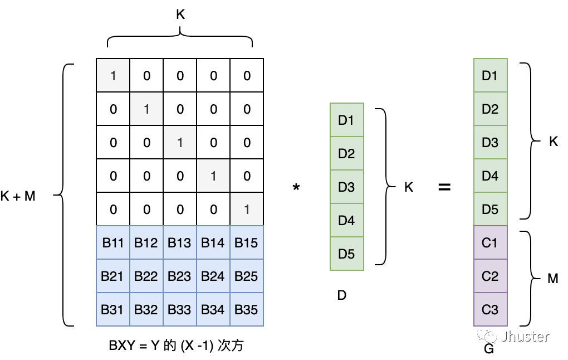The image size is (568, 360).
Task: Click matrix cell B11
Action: [x=113, y=242]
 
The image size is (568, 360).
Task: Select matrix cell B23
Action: [x=179, y=276]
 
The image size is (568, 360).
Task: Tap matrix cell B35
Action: [x=246, y=309]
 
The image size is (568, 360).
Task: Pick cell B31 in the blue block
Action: [x=113, y=309]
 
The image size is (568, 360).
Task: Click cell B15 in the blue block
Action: [x=246, y=242]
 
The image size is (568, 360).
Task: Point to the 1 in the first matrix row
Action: [x=113, y=75]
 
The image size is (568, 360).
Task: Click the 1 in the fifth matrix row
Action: [x=246, y=209]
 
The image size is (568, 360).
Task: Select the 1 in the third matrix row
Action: [x=179, y=142]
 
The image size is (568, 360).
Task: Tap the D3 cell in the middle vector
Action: [x=346, y=187]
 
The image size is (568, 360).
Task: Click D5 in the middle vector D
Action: [x=346, y=254]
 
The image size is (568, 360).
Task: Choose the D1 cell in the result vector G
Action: [x=490, y=75]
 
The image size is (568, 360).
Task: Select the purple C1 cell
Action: [x=490, y=242]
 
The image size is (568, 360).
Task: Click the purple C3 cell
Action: [x=490, y=309]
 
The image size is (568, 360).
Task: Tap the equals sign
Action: [x=444, y=187]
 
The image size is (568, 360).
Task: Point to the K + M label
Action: [x=18, y=196]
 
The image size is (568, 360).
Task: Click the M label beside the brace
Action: [x=552, y=278]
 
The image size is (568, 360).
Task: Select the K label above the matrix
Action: [x=180, y=15]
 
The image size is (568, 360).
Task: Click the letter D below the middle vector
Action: [x=342, y=295]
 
